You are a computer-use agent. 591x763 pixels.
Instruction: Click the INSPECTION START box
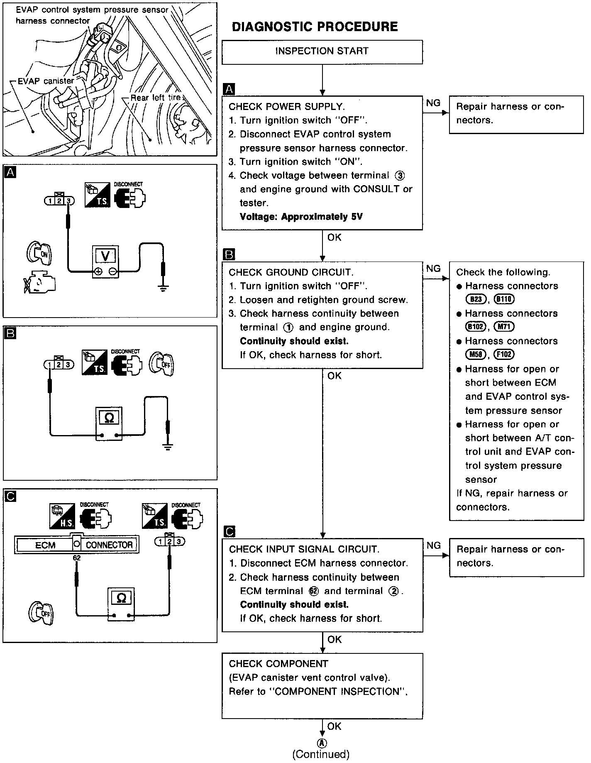322,51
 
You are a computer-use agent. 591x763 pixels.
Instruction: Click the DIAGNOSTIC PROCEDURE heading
315,27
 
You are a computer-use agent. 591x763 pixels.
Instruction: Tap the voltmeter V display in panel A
105,256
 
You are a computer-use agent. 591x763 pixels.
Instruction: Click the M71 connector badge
504,327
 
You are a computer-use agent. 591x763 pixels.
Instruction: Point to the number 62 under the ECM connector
77,558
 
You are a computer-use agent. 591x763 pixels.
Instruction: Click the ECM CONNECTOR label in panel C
77,545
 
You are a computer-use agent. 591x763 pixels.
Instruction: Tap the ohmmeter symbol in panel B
109,418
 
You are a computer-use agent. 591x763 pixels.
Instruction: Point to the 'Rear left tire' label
156,98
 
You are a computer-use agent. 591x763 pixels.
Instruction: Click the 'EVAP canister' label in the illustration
46,81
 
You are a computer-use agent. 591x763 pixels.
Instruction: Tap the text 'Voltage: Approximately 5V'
301,217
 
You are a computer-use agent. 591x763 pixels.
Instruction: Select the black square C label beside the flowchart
229,531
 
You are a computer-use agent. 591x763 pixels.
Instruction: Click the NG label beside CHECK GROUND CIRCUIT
433,269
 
